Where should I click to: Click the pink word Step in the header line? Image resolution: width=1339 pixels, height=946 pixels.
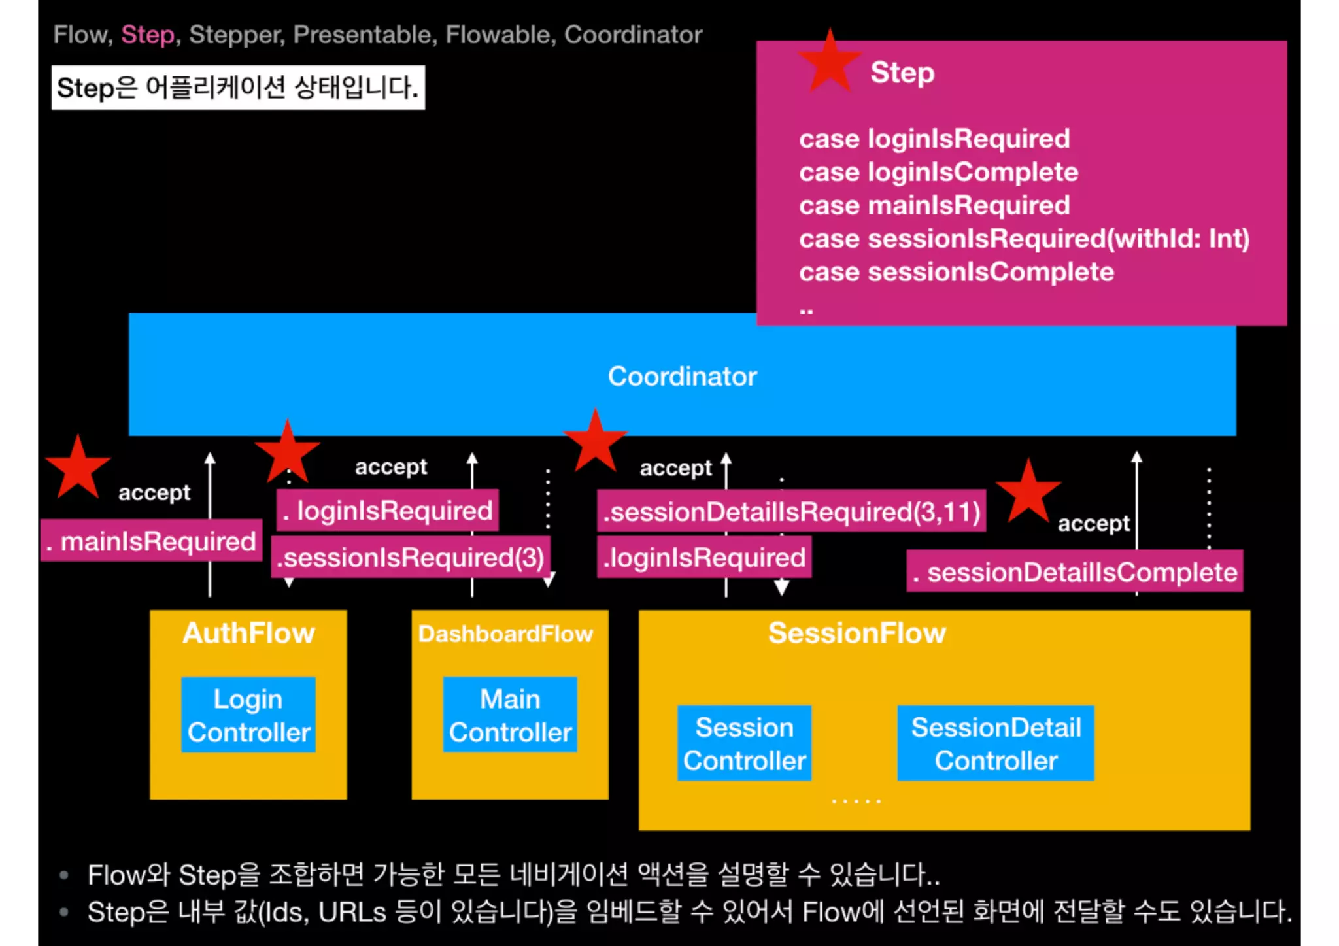148,34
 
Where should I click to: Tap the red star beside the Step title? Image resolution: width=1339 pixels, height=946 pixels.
829,63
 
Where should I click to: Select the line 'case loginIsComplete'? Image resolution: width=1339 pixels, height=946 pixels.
938,172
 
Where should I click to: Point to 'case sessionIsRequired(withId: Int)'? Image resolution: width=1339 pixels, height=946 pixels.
1024,239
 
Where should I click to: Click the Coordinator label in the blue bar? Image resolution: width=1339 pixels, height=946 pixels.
682,376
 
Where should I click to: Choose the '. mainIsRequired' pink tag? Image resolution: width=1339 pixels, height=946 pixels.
151,541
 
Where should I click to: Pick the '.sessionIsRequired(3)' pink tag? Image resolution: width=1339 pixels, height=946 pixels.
411,558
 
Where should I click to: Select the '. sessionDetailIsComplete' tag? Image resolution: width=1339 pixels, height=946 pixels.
1074,572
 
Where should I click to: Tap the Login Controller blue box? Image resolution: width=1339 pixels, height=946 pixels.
248,715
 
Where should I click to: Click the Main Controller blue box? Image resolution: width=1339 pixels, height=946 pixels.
510,715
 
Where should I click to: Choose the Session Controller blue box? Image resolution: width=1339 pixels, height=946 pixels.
744,743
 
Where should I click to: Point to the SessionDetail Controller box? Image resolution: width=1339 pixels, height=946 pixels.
995,743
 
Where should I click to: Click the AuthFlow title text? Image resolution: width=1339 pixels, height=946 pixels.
248,633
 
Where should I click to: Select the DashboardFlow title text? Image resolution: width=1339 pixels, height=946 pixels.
505,633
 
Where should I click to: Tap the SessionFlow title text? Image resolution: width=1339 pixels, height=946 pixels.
856,633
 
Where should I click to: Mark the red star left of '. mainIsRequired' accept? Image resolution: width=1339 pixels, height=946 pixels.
78,467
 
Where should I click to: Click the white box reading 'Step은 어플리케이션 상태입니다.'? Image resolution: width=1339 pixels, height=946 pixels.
238,88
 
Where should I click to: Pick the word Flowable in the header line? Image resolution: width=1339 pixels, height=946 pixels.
500,34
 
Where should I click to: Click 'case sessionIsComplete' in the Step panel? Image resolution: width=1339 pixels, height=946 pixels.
956,272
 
